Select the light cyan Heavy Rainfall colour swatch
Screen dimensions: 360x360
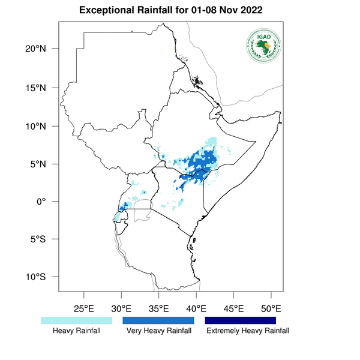76,321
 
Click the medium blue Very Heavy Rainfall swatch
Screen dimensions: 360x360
158,321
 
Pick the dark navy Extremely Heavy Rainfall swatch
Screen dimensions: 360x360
241,321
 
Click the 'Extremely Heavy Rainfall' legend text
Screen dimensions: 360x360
247,331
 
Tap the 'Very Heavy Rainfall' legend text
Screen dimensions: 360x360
159,331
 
